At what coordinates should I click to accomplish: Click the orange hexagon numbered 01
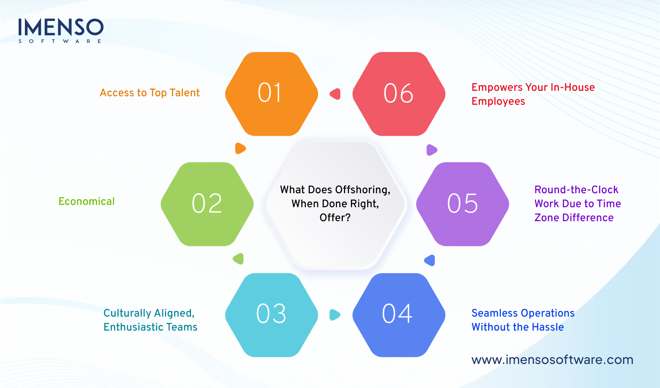[271, 94]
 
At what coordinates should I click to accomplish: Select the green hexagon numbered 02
[207, 204]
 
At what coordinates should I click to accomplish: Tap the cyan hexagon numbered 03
[271, 315]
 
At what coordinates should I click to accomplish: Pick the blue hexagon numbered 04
[399, 315]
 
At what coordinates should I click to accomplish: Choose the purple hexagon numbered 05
[462, 204]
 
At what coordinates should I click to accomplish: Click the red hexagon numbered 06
[399, 94]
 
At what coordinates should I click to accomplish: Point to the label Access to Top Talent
[149, 93]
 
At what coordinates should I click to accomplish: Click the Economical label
[87, 201]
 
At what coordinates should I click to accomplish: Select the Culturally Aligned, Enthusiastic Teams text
[150, 320]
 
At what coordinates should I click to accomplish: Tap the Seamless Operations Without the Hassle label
[523, 320]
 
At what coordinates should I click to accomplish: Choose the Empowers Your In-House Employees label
[533, 94]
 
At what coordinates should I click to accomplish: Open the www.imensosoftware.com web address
[552, 360]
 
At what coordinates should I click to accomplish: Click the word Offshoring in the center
[363, 190]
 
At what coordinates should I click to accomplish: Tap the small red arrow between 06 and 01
[335, 94]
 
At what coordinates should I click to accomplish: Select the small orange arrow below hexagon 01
[240, 148]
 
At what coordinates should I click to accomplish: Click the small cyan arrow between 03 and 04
[335, 315]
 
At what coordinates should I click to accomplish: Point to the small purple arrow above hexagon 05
[431, 150]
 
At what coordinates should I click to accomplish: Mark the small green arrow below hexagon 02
[238, 259]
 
